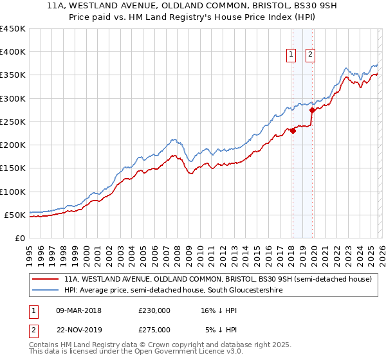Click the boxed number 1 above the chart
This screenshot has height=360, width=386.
click(x=291, y=55)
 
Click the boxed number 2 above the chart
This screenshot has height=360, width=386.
click(x=310, y=55)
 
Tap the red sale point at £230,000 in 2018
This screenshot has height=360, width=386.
click(x=292, y=130)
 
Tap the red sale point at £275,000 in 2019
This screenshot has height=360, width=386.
click(x=311, y=110)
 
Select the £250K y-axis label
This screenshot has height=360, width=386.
click(x=12, y=122)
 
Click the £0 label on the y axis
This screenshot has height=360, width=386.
click(x=20, y=238)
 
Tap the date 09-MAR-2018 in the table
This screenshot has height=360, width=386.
click(x=78, y=310)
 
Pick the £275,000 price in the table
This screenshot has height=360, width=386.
click(x=154, y=330)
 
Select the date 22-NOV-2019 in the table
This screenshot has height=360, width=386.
click(x=78, y=330)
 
